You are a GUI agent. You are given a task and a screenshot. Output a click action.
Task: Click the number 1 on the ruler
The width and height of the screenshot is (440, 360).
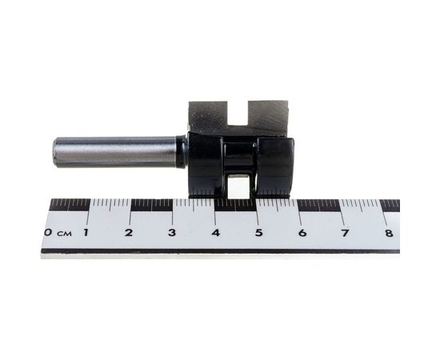pyautogui.click(x=86, y=233)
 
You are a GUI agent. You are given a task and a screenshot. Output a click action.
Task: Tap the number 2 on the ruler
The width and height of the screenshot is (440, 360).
pyautogui.click(x=129, y=233)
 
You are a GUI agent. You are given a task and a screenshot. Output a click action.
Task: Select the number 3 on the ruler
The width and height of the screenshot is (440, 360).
pyautogui.click(x=172, y=233)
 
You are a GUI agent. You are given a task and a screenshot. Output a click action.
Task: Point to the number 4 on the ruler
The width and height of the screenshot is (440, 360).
pyautogui.click(x=215, y=233)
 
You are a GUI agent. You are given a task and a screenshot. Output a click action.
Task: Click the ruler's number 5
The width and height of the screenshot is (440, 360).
pyautogui.click(x=258, y=233)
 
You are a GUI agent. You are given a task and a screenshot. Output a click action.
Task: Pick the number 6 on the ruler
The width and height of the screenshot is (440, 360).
pyautogui.click(x=302, y=233)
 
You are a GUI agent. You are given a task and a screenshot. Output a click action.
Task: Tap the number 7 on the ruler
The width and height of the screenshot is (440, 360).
pyautogui.click(x=346, y=233)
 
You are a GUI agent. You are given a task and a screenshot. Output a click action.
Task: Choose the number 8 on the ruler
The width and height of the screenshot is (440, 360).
pyautogui.click(x=388, y=233)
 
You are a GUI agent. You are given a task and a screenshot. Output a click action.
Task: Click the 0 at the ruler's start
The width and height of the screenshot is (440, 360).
pyautogui.click(x=49, y=233)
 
